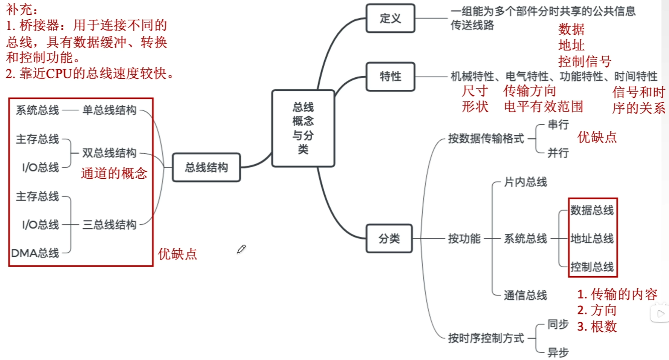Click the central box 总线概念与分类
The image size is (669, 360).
click(303, 128)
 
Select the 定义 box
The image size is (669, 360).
click(390, 18)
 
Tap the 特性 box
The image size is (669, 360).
click(390, 77)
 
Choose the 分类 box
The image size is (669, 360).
click(389, 239)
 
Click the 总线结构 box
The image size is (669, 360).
click(206, 167)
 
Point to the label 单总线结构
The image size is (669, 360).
click(109, 110)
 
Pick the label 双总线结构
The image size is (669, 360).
click(109, 153)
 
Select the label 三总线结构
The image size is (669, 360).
click(109, 225)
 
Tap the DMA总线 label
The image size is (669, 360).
click(35, 253)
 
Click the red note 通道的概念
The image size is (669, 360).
click(114, 173)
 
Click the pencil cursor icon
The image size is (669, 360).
click(241, 249)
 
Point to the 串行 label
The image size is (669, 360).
click(558, 125)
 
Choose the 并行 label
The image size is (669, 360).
click(558, 153)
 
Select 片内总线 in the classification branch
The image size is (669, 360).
click(525, 182)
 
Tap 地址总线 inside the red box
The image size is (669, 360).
click(592, 239)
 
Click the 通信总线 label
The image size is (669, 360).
click(525, 295)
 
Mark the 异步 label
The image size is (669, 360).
click(558, 352)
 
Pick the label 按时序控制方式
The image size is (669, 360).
click(486, 338)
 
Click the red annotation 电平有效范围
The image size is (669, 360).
click(543, 107)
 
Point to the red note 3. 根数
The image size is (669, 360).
click(597, 326)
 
